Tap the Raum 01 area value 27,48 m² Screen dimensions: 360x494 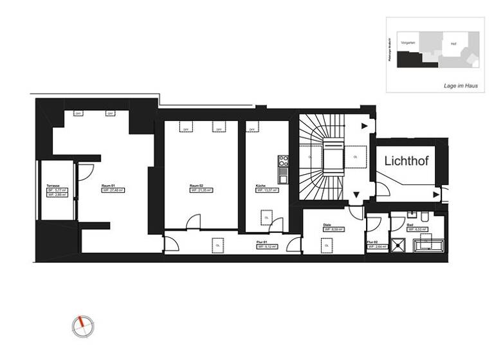(x=116, y=190)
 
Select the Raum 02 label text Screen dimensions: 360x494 (x=196, y=185)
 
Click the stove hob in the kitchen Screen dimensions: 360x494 (x=281, y=170)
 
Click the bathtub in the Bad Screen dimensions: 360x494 (x=430, y=242)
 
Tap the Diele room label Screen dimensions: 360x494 (x=327, y=224)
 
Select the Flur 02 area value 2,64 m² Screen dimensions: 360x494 (x=378, y=246)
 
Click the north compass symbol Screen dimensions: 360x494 (x=82, y=325)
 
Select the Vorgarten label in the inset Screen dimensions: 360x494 (x=408, y=42)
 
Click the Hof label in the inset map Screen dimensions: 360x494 (x=453, y=44)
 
